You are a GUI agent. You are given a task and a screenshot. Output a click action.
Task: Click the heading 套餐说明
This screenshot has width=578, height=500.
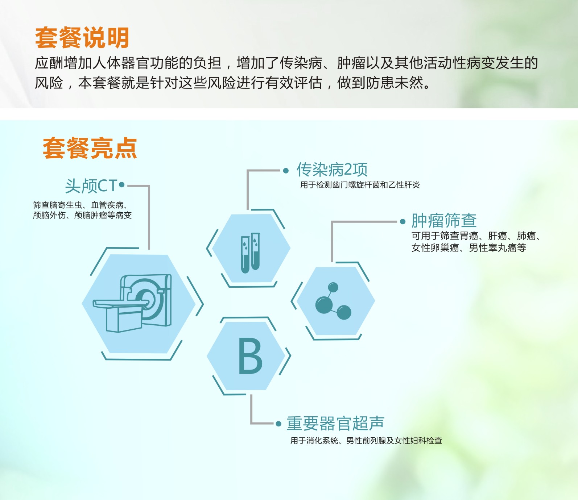tap(82, 38)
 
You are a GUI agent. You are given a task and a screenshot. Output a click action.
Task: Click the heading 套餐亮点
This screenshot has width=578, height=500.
tap(90, 148)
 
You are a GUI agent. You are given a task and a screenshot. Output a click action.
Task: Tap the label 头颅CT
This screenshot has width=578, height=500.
tap(91, 186)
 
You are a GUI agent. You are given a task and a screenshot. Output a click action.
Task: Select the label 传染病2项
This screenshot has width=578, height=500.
tap(332, 170)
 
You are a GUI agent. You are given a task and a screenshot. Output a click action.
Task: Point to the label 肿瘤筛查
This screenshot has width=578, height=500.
tap(444, 220)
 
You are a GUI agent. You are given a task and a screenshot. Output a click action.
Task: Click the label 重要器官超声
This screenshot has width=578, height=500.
tap(335, 423)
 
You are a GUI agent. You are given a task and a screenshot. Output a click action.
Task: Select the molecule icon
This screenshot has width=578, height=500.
tap(333, 301)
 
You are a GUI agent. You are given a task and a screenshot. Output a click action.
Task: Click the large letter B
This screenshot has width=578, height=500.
tap(250, 356)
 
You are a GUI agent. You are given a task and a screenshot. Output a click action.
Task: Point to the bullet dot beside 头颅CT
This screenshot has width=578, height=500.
tap(122, 185)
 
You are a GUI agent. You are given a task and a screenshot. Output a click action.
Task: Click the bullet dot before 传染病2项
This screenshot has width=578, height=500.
tap(286, 171)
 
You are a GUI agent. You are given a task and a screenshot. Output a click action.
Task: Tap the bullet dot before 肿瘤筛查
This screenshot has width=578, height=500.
tap(402, 222)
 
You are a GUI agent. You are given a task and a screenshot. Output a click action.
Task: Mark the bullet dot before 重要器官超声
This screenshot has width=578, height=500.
tap(278, 424)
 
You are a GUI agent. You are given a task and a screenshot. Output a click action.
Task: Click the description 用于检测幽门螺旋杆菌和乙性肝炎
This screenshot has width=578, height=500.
tap(360, 185)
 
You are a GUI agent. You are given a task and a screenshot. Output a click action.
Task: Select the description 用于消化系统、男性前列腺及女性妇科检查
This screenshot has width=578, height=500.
tap(366, 441)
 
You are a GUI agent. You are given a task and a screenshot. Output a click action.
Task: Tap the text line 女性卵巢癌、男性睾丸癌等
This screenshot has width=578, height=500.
tap(469, 248)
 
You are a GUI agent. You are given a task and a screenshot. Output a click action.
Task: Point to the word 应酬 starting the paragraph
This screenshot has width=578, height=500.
tap(49, 63)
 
